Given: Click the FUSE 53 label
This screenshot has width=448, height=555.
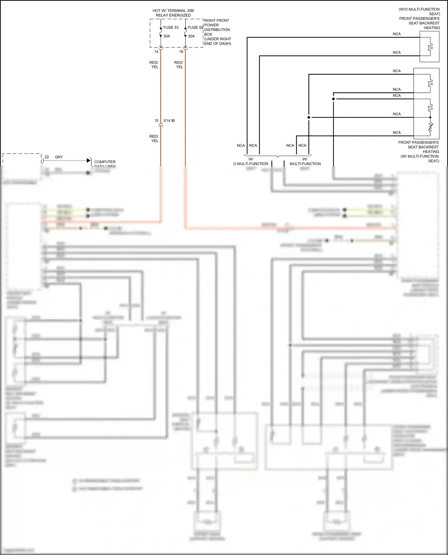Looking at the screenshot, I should click(x=171, y=27).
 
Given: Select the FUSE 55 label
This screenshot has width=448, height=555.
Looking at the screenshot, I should click(x=195, y=27).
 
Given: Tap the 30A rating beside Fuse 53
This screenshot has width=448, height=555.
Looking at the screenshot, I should click(x=167, y=36).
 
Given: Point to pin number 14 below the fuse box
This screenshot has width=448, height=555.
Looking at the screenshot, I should click(x=156, y=52).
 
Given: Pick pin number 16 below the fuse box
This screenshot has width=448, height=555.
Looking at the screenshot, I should click(x=181, y=52).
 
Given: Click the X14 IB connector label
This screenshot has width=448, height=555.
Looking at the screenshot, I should click(x=169, y=120).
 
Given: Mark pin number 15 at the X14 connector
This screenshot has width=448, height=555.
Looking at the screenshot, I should click(x=156, y=120).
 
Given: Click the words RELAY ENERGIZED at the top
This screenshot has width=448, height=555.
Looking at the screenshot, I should click(x=173, y=15).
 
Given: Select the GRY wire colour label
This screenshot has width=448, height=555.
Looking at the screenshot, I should click(x=59, y=157).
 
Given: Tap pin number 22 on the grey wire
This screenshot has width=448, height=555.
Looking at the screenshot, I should click(x=47, y=157).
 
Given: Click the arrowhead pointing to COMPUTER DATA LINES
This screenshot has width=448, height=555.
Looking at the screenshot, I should click(x=89, y=160).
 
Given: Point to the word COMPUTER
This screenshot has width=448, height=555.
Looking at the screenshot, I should click(x=105, y=162).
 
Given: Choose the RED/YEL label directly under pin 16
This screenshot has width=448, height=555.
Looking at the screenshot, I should click(x=179, y=65).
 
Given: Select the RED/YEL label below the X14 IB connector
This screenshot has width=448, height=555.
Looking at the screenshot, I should click(x=154, y=138).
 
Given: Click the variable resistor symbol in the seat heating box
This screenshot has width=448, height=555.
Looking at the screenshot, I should click(x=430, y=127).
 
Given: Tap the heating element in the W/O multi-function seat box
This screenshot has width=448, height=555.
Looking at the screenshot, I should click(x=430, y=47).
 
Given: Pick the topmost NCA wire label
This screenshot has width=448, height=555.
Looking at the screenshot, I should click(x=397, y=34).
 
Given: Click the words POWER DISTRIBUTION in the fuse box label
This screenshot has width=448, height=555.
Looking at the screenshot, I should click(x=217, y=27).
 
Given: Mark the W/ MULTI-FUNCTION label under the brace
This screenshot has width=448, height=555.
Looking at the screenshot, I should click(x=305, y=161).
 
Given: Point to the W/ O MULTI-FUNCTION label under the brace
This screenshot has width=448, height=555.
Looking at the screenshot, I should click(x=251, y=161).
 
